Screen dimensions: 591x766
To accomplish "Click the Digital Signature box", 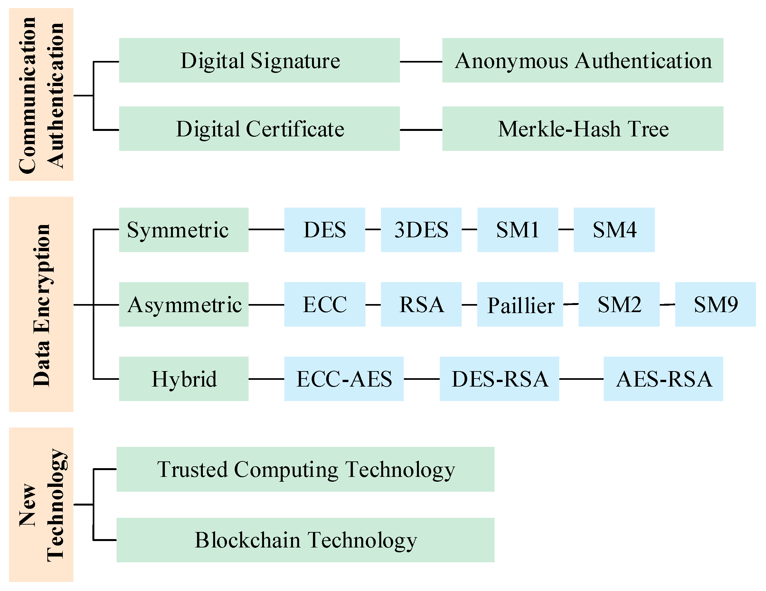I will (x=259, y=60).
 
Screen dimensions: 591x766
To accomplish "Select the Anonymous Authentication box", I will (x=582, y=60).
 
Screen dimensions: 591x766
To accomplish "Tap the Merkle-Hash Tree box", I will (x=582, y=129).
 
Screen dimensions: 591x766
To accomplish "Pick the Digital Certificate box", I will (x=259, y=129).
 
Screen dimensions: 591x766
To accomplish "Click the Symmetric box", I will (x=184, y=230).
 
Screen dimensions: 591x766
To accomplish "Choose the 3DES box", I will (x=421, y=230).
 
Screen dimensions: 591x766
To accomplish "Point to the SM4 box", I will (x=614, y=230).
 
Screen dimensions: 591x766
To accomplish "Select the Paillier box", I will (x=520, y=304).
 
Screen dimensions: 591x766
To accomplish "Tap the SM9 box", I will (x=715, y=304).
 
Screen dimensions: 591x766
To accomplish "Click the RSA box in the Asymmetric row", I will (x=421, y=304).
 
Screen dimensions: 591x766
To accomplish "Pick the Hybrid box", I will (x=184, y=379).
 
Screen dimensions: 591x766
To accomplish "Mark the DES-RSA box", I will (x=499, y=379).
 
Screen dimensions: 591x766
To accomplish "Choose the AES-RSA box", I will (x=663, y=379).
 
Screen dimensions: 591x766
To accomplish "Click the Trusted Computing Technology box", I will (x=305, y=469).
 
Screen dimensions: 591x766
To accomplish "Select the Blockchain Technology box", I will (x=305, y=540).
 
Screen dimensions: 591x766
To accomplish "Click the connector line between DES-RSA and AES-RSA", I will (x=581, y=379).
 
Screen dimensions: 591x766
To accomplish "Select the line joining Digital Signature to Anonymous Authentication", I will (x=421, y=62).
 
